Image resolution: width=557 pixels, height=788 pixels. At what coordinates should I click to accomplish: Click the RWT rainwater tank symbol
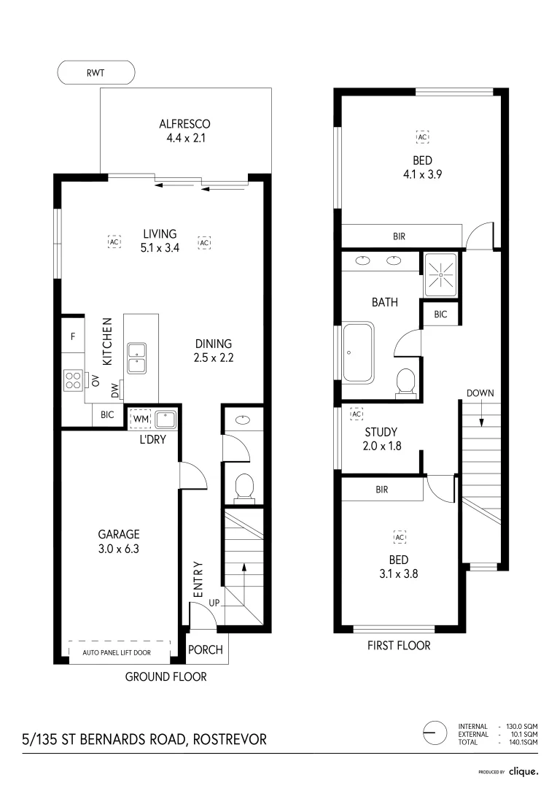(96, 72)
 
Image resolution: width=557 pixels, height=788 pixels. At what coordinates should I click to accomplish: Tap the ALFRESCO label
(185, 124)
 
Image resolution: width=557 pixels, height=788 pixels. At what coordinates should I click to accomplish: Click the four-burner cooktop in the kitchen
(74, 379)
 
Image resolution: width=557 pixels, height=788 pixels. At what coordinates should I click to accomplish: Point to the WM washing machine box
(140, 419)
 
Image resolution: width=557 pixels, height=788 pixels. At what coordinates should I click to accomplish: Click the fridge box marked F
(73, 337)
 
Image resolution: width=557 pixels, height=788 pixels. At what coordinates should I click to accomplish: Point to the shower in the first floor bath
(441, 274)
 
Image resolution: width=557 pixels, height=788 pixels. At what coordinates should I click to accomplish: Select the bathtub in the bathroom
(358, 353)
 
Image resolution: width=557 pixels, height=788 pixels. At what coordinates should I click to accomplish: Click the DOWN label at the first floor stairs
(480, 393)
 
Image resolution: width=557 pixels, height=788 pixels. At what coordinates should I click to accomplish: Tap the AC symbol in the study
(357, 414)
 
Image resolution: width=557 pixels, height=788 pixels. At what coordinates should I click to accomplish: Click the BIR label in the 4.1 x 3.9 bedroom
(398, 236)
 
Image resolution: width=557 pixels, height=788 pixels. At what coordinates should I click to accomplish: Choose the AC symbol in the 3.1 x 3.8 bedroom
(399, 537)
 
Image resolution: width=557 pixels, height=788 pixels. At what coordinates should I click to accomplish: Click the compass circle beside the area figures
(435, 733)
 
